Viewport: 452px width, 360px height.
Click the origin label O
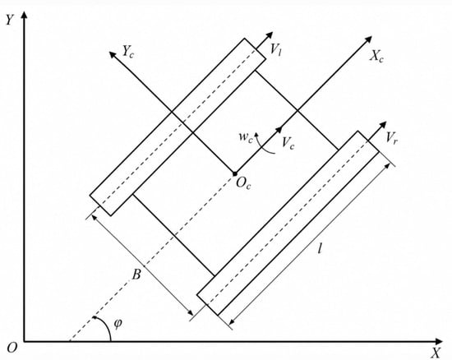point(12,348)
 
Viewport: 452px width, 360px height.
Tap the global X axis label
point(436,353)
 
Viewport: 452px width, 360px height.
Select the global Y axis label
point(10,20)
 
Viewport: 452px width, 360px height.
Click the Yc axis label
point(128,52)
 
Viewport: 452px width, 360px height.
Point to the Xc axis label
point(376,56)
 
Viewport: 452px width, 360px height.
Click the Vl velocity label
point(275,49)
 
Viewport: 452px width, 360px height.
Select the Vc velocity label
point(288,143)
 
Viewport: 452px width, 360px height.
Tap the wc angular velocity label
point(246,137)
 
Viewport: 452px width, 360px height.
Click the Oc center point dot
point(235,173)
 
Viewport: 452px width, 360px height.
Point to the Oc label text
point(243,183)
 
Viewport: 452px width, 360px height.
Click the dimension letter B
point(136,275)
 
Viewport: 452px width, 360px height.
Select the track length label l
point(320,248)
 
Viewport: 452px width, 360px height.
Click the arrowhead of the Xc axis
point(368,39)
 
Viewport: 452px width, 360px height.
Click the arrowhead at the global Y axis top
point(25,15)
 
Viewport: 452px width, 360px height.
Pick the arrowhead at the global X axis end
point(439,342)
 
